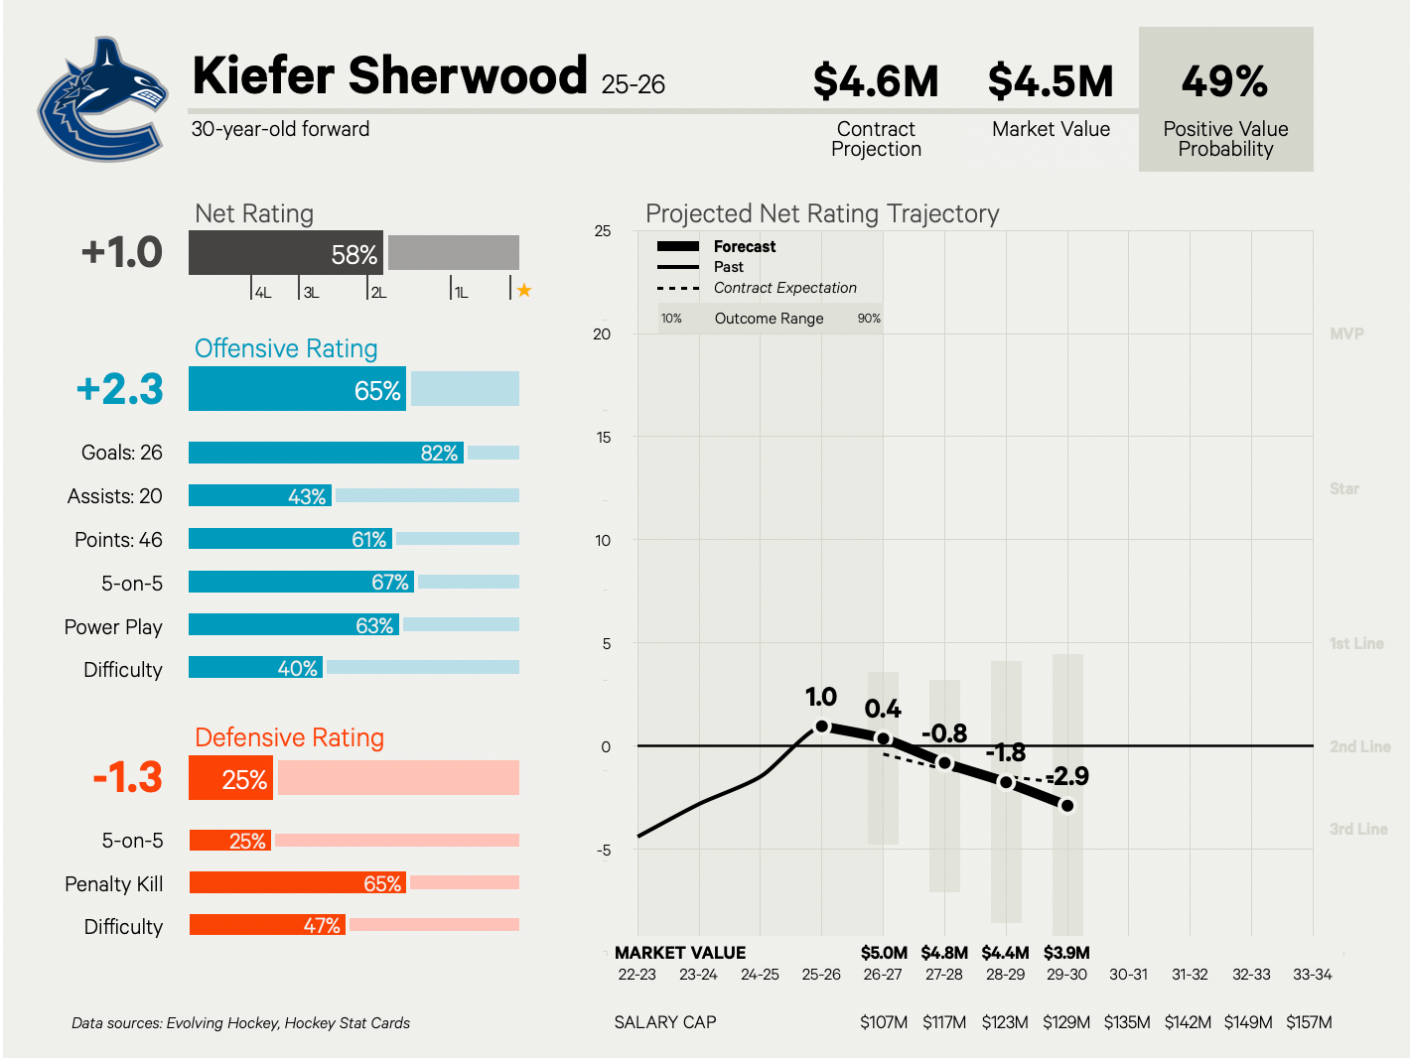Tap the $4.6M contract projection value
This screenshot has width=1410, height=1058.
(876, 81)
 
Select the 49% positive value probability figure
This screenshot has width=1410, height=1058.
(1224, 81)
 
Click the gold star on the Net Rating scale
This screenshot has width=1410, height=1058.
(524, 291)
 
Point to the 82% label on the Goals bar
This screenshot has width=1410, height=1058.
(439, 454)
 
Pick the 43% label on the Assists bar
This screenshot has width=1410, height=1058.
(307, 496)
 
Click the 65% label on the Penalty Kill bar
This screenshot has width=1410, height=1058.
(382, 883)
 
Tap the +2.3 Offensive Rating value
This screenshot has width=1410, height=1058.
(120, 389)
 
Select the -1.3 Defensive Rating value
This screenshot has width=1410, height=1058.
(127, 777)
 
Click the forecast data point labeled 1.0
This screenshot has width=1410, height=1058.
(821, 727)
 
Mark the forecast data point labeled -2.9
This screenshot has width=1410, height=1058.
(1067, 805)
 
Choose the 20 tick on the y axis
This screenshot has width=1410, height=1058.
(602, 334)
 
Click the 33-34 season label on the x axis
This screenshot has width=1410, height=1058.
(1312, 975)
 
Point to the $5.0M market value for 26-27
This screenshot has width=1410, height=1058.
(884, 953)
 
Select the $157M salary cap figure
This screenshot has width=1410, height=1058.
(1309, 1022)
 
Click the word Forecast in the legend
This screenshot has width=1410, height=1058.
(745, 247)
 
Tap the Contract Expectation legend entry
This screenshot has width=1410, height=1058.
(784, 288)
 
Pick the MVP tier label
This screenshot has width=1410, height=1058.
(1346, 334)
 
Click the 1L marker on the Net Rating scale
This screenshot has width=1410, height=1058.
(461, 293)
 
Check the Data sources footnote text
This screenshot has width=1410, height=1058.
(240, 1023)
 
